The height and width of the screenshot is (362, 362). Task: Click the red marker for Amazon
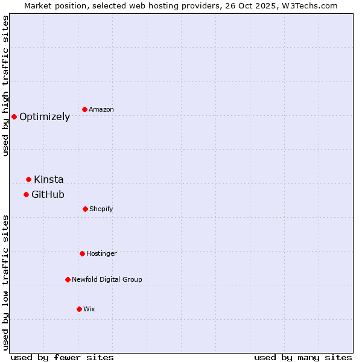click(85, 109)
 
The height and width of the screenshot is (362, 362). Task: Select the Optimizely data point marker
click(14, 116)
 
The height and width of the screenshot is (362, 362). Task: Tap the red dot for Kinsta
click(28, 179)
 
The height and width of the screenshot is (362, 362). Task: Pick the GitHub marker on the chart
click(26, 194)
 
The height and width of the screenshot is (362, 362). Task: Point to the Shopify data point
click(85, 209)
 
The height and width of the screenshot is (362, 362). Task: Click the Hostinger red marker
click(82, 253)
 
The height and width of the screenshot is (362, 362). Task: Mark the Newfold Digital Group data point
click(68, 279)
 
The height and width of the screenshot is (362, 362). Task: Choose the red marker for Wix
click(79, 309)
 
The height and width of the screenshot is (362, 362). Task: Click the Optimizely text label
click(45, 117)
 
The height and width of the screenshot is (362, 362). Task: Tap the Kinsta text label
click(48, 180)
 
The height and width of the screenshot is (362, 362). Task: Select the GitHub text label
click(48, 195)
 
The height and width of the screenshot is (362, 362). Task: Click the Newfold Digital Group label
click(107, 280)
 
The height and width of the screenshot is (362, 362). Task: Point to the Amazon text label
click(101, 110)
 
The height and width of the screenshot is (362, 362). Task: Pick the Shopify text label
click(101, 209)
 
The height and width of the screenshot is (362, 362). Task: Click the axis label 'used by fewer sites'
click(62, 357)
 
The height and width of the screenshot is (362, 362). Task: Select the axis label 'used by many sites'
click(303, 357)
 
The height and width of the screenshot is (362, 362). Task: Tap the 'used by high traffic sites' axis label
click(6, 86)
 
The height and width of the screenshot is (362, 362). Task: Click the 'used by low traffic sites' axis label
click(6, 282)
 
